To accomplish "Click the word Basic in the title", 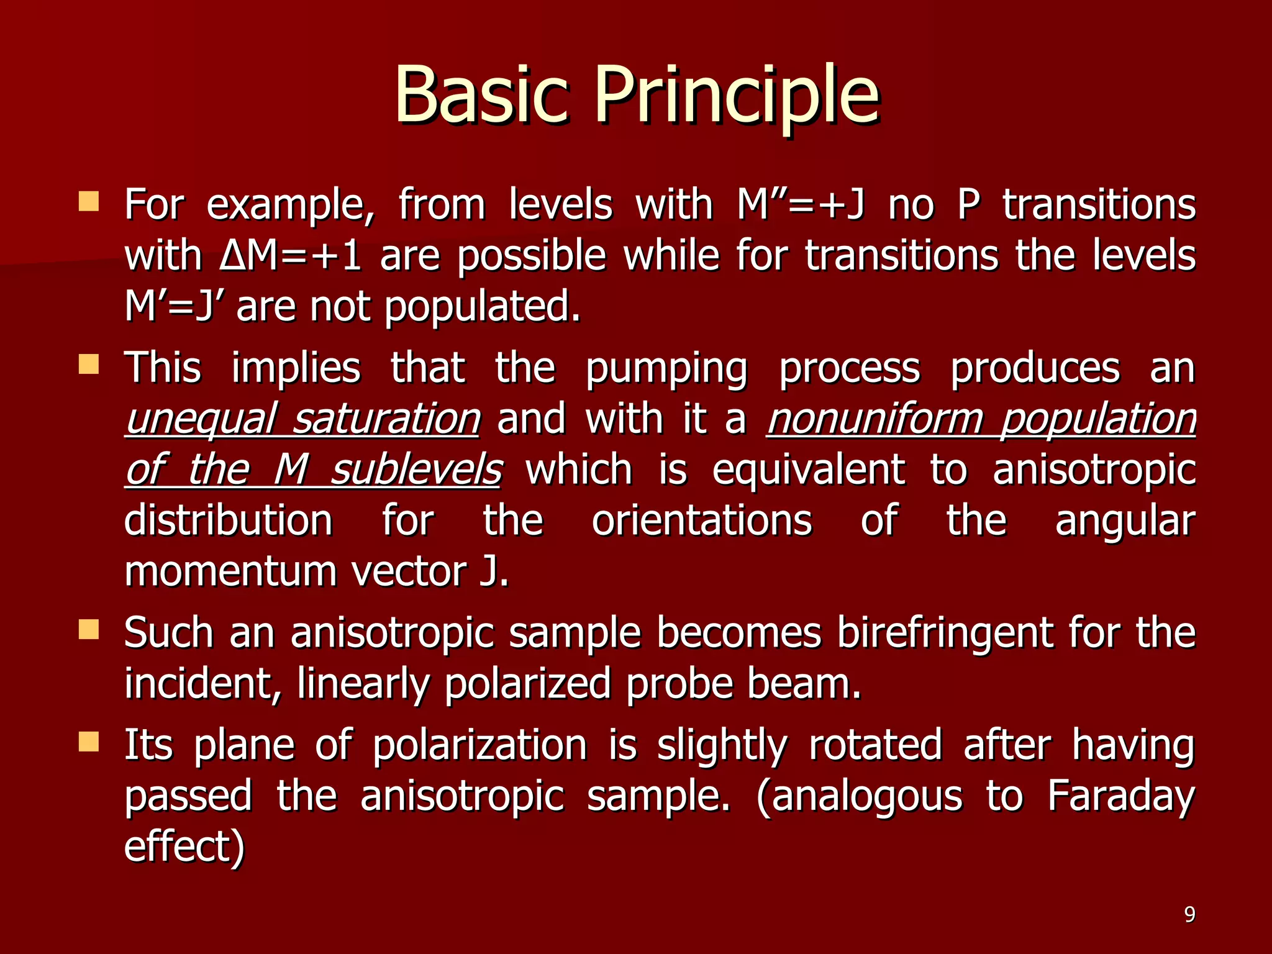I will tap(480, 95).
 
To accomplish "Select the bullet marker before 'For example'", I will tap(89, 202).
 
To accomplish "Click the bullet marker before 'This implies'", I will tap(89, 365).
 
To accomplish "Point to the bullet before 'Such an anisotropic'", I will tap(89, 630).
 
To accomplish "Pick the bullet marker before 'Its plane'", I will tap(89, 742).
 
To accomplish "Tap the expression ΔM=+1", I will tap(290, 255).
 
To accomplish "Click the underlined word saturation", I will tap(386, 419).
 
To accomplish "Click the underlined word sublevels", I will tap(416, 470).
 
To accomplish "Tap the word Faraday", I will tap(1120, 796).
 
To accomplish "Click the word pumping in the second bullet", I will tap(666, 369).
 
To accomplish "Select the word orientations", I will tap(701, 520).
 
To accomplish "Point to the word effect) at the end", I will tap(184, 847).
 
